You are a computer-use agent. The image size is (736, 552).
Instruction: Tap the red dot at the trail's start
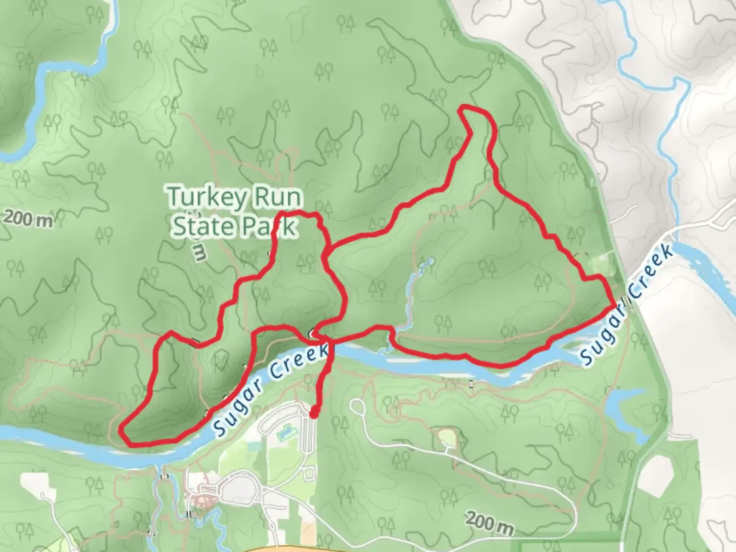pos(313,412)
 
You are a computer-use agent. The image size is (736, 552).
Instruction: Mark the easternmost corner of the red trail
pos(614,305)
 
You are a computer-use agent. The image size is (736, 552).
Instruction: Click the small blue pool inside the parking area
pos(282,433)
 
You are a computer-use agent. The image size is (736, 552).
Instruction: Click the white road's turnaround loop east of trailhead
pos(356,407)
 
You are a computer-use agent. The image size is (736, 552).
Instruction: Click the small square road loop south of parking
pos(308,473)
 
